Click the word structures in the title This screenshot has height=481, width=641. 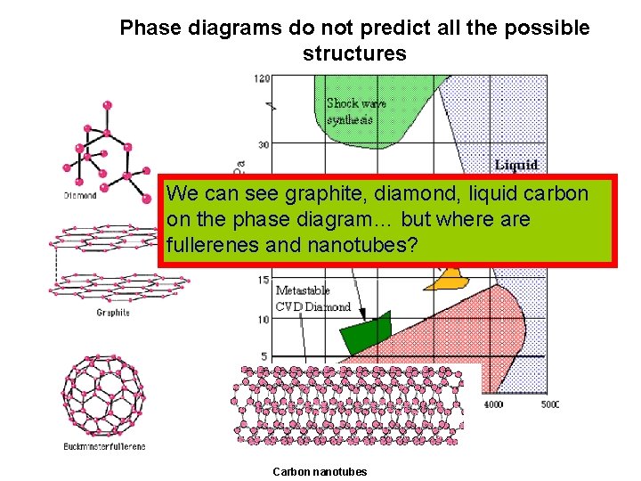pyautogui.click(x=354, y=53)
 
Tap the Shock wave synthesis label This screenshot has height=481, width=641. pyautogui.click(x=355, y=111)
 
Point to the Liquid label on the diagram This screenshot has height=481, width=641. pyautogui.click(x=515, y=165)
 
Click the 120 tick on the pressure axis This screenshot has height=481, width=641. pyautogui.click(x=262, y=78)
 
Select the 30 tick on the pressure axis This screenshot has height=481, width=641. pyautogui.click(x=264, y=144)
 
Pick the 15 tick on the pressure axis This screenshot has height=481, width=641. pyautogui.click(x=264, y=281)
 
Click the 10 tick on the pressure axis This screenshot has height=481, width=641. pyautogui.click(x=264, y=319)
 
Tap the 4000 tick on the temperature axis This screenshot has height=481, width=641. pyautogui.click(x=492, y=404)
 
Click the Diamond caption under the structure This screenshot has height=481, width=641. pyautogui.click(x=80, y=195)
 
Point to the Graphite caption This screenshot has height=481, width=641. pyautogui.click(x=113, y=313)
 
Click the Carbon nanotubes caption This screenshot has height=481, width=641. pyautogui.click(x=319, y=471)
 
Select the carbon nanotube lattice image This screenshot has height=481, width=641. pyautogui.click(x=347, y=405)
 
